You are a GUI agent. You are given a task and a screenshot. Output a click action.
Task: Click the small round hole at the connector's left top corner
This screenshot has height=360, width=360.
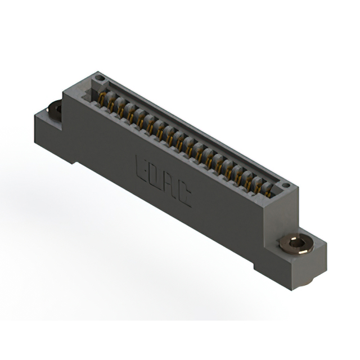100,77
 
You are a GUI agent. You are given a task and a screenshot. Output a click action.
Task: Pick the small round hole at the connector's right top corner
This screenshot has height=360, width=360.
285,184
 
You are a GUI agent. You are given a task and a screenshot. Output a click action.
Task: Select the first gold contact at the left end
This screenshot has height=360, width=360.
102,100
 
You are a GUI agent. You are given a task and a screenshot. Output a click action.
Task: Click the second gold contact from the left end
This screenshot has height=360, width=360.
111,105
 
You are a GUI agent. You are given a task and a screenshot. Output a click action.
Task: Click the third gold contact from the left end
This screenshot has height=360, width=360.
121,110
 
